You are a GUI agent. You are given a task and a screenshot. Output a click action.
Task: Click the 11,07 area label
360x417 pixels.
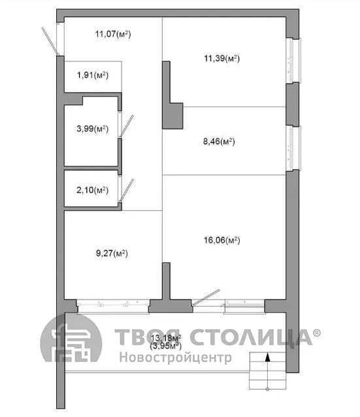(113, 34)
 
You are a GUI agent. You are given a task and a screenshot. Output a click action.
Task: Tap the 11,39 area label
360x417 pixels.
(221, 58)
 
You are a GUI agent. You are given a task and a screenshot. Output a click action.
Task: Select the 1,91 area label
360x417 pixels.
(93, 75)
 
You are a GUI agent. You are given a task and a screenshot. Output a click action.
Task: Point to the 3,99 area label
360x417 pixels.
(93, 129)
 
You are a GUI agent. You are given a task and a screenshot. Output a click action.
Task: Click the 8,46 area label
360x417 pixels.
(219, 141)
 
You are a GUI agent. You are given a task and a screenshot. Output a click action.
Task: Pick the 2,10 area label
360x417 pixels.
(93, 190)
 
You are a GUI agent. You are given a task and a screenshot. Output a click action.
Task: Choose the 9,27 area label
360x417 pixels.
(112, 253)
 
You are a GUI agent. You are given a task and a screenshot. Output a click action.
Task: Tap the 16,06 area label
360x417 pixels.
(221, 240)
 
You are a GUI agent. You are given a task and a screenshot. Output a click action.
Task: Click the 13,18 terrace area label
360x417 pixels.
(166, 338)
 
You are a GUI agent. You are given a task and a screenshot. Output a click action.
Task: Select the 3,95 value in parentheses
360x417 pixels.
(165, 346)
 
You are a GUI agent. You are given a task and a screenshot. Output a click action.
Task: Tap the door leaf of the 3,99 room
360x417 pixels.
(126, 126)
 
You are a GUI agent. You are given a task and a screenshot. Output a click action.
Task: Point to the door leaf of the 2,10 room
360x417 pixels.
(127, 191)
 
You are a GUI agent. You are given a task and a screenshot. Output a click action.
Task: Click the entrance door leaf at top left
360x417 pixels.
(50, 41)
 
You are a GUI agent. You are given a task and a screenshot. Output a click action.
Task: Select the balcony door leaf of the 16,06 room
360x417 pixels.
(206, 298)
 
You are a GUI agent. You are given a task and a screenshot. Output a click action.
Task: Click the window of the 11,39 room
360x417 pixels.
(293, 61)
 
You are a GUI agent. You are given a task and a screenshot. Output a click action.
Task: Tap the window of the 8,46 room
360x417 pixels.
(293, 148)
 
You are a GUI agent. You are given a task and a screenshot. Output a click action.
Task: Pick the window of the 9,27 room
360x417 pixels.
(113, 306)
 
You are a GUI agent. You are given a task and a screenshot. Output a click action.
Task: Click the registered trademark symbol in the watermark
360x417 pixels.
(316, 333)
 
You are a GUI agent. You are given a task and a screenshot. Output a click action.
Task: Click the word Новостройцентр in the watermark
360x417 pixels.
(175, 358)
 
